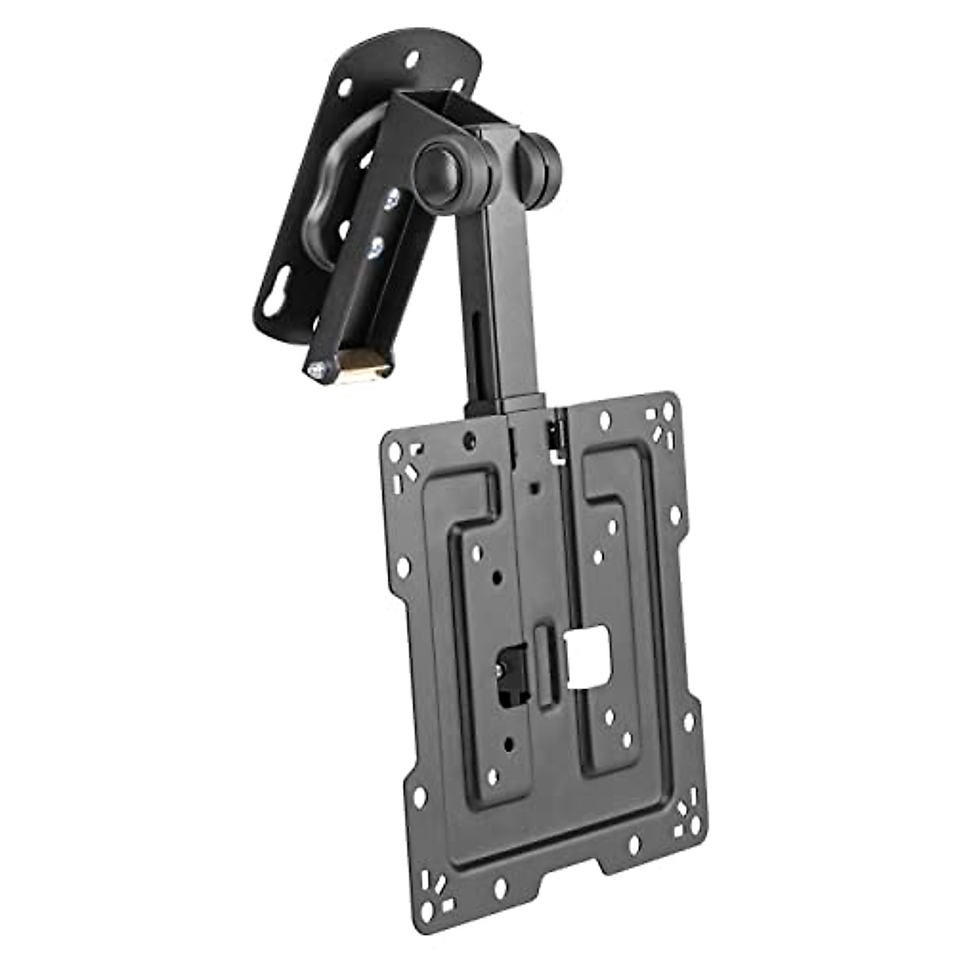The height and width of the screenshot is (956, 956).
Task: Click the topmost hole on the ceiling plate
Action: point(412,59)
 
